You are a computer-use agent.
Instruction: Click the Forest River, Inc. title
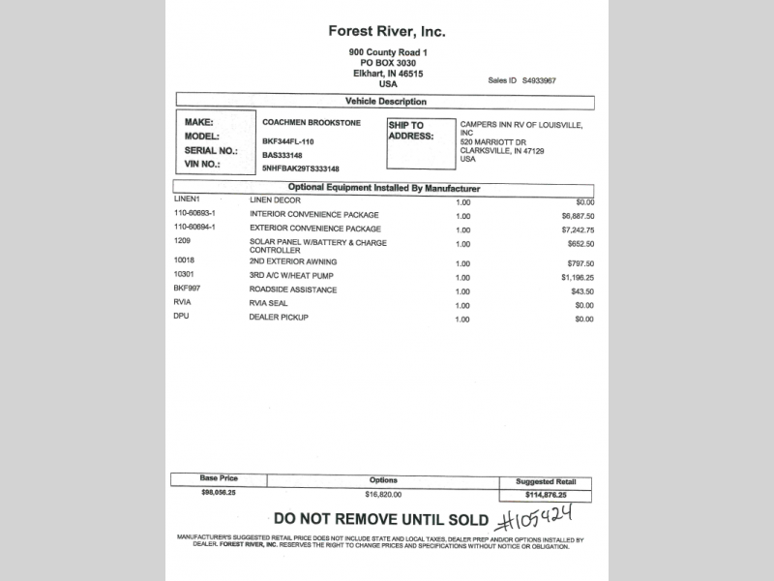[x=387, y=32]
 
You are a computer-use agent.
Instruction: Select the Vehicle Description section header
[x=385, y=102]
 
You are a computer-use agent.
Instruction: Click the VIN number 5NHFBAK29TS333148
[x=301, y=168]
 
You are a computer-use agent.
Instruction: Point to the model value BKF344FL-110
[x=290, y=140]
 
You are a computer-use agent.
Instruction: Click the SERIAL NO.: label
[x=210, y=151]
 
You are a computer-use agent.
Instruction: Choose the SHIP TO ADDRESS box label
[x=405, y=131]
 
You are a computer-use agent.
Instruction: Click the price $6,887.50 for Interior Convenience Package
[x=577, y=215]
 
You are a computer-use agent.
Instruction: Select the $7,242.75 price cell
[x=577, y=229]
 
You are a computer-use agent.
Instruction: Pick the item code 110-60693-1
[x=194, y=214]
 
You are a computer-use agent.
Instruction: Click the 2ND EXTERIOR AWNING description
[x=294, y=262]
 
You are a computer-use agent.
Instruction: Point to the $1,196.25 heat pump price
[x=577, y=277]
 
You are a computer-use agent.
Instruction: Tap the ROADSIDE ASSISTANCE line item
[x=293, y=290]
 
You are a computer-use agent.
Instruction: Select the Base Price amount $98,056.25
[x=219, y=493]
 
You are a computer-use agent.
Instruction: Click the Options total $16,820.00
[x=383, y=493]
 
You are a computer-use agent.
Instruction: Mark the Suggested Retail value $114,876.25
[x=546, y=495]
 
